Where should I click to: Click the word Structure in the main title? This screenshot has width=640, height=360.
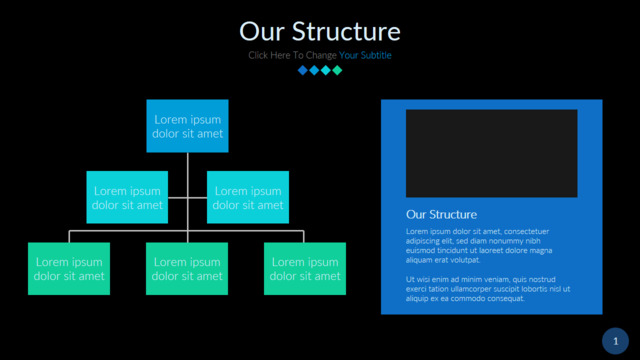[x=346, y=31]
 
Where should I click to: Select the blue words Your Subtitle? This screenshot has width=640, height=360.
[x=365, y=55]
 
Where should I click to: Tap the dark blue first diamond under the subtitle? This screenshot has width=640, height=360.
[x=302, y=70]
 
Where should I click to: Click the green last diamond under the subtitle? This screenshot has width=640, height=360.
[x=337, y=70]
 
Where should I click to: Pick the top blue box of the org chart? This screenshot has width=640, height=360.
[x=187, y=126]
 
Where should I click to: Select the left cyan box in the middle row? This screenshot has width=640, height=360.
[x=127, y=197]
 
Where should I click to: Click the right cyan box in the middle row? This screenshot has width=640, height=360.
[x=248, y=197]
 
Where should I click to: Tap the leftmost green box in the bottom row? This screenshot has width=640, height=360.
[x=69, y=269]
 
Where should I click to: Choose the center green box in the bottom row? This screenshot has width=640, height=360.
[x=187, y=269]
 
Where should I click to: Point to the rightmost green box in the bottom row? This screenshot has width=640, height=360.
[x=305, y=269]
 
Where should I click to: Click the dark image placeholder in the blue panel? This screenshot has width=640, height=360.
[x=491, y=153]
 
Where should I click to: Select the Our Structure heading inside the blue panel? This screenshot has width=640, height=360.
[x=441, y=214]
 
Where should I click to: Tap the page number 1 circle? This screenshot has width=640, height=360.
[x=616, y=341]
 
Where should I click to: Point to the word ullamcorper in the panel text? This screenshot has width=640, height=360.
[x=463, y=289]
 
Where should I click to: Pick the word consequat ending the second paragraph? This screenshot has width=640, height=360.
[x=506, y=298]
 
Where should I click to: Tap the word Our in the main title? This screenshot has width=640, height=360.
[x=262, y=31]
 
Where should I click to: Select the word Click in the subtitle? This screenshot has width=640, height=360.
[x=258, y=55]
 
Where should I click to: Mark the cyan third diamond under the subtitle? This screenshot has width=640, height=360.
[x=325, y=70]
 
